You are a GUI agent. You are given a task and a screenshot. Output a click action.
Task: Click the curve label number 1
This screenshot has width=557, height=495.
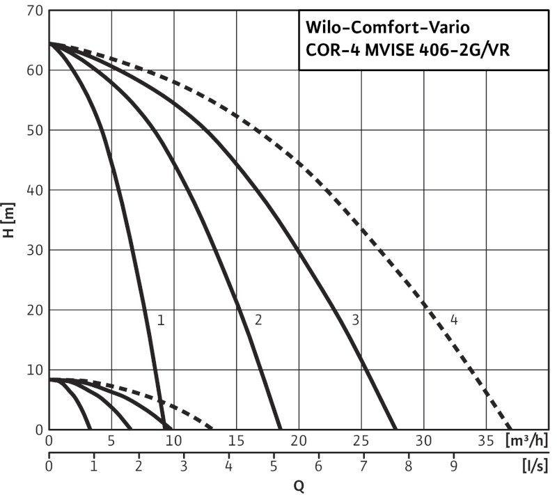click(x=160, y=321)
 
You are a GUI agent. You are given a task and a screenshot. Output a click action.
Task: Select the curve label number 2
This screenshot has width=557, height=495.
click(x=258, y=321)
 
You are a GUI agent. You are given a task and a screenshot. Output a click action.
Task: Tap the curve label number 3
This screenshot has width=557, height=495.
click(x=355, y=321)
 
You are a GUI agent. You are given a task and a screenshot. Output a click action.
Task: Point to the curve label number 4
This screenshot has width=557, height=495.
click(x=454, y=321)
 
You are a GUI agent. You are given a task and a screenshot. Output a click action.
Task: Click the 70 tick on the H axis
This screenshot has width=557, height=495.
click(x=35, y=11)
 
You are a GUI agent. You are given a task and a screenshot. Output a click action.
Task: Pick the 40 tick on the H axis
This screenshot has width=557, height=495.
click(x=35, y=190)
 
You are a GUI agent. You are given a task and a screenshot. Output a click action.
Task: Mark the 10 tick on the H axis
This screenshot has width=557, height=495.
click(x=35, y=370)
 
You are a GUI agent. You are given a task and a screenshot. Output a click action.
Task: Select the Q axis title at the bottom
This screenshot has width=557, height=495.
click(x=298, y=486)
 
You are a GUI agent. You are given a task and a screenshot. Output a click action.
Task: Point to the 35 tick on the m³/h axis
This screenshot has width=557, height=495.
click(x=486, y=441)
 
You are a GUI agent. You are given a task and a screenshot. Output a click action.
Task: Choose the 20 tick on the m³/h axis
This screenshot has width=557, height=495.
click(x=299, y=441)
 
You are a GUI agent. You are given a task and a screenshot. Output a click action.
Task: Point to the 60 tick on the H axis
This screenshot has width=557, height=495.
click(x=35, y=70)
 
